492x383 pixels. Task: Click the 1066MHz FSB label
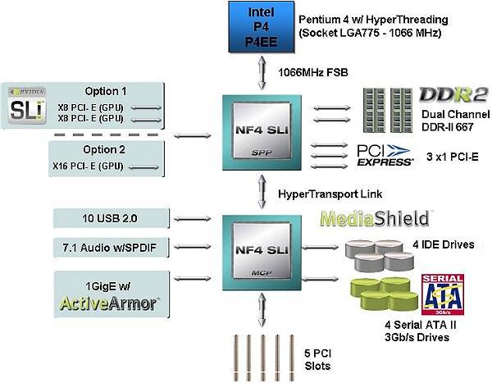[308, 72]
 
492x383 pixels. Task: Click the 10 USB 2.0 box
[111, 217]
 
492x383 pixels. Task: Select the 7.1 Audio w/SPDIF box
[111, 247]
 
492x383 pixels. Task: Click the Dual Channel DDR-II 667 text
[447, 122]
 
